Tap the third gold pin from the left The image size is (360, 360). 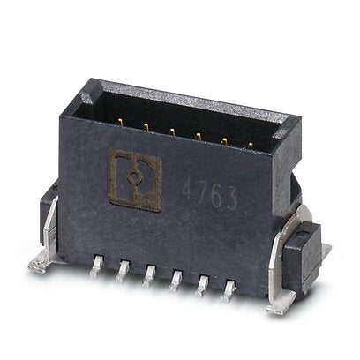[x=171, y=132]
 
